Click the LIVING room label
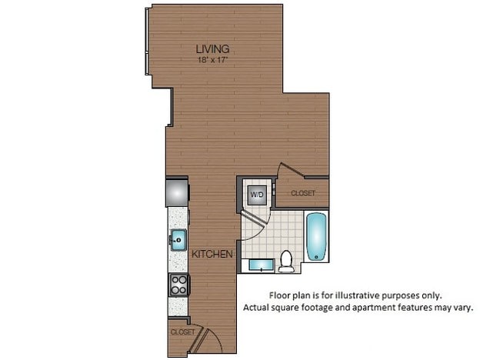tap(213, 50)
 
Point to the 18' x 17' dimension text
tap(213, 59)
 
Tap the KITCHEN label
tap(208, 254)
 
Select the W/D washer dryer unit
tap(256, 194)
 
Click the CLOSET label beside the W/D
tap(302, 193)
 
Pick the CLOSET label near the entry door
tap(182, 332)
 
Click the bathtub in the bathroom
tap(317, 238)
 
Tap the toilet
tap(286, 262)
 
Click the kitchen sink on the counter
tap(178, 238)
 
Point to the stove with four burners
tap(178, 284)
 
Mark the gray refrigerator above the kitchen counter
tap(176, 192)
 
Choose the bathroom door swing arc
tap(254, 223)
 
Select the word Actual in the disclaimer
tap(258, 308)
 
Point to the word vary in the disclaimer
tap(462, 308)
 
